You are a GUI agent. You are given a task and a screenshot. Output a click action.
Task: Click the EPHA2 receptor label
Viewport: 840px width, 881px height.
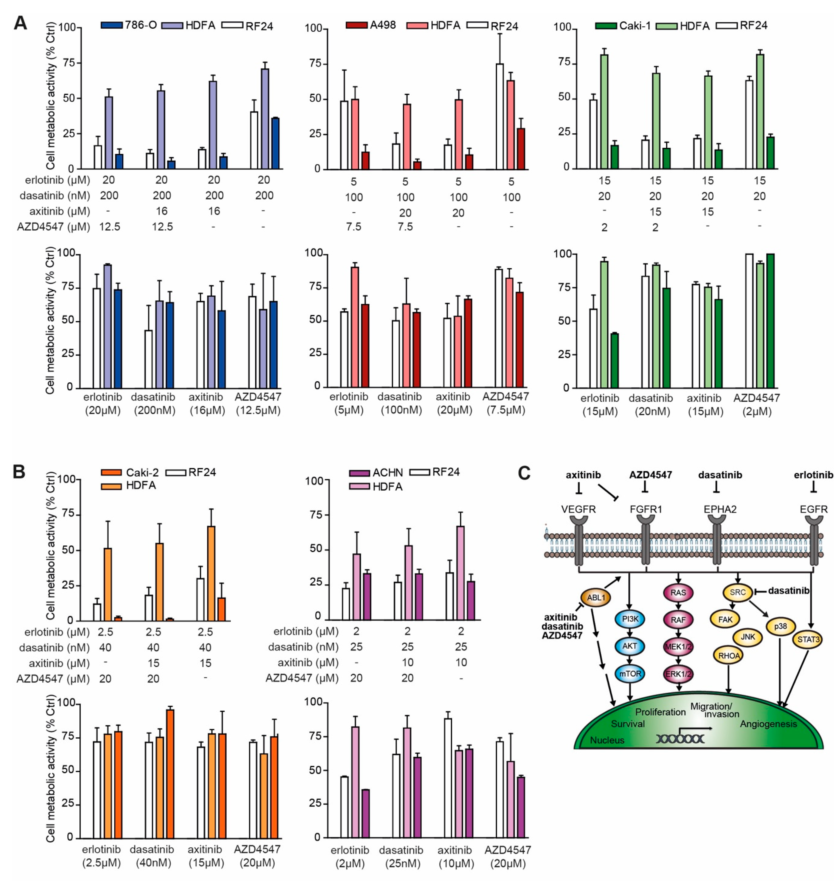click(x=720, y=509)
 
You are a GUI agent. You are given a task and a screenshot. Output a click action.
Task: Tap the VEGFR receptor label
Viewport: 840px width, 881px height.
click(x=579, y=509)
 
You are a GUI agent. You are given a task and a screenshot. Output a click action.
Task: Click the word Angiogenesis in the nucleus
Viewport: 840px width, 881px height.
click(x=768, y=724)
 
